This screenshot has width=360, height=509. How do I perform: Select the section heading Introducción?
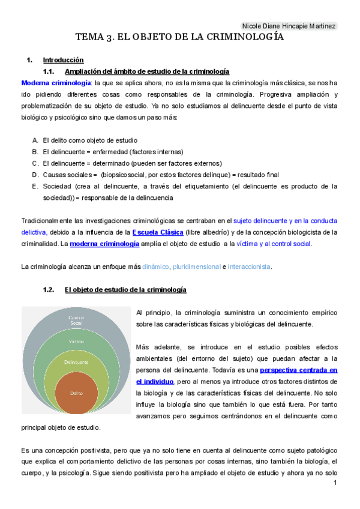coord(63,61)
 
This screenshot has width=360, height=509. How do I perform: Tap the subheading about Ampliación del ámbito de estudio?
coord(146,71)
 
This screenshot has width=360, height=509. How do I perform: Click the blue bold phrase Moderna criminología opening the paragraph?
coord(56,82)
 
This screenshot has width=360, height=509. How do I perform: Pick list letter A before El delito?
coord(35,139)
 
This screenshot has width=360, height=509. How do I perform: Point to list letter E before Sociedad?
coord(35,186)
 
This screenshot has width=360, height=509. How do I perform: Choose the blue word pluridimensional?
coord(196,267)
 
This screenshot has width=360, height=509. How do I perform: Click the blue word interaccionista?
coord(249,267)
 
